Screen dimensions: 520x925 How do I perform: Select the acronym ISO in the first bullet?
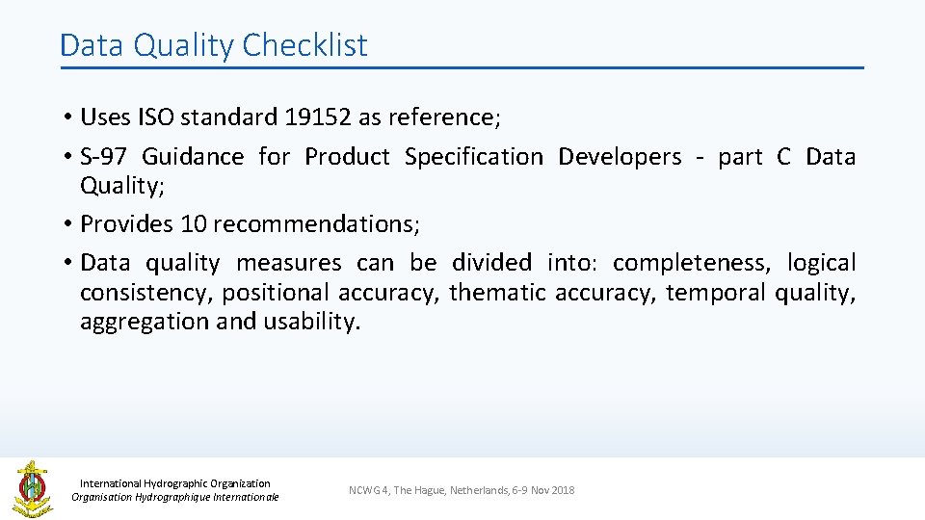pos(150,117)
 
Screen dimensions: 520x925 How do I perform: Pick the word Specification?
pos(473,157)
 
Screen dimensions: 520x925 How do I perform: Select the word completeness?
pos(691,263)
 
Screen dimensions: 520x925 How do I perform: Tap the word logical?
pos(820,263)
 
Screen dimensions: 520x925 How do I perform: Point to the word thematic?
pos(498,293)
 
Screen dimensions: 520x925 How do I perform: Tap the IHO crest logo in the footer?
pos(31,488)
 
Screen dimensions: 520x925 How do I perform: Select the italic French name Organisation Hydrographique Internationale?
pos(175,497)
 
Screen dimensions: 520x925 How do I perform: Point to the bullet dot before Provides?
pos(68,224)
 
